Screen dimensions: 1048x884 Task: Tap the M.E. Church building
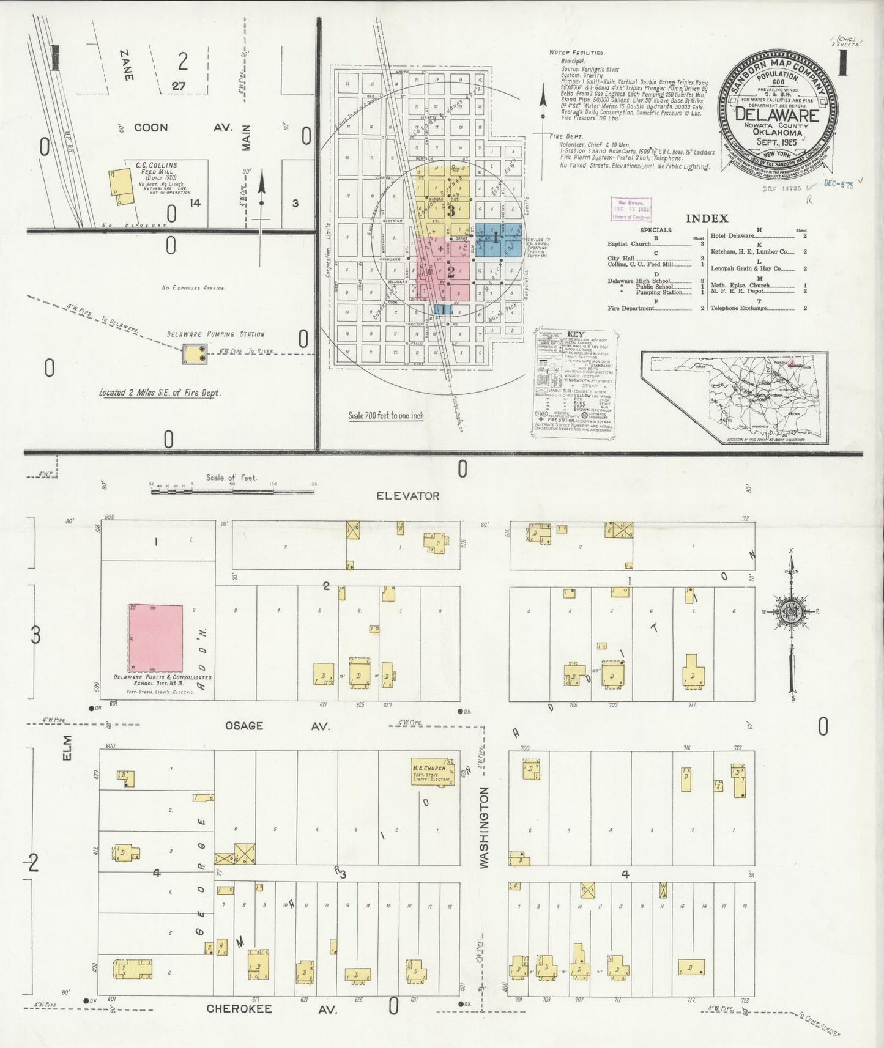coord(434,773)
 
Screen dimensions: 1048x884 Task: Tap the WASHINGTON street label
coord(485,827)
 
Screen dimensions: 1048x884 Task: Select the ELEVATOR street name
coord(407,496)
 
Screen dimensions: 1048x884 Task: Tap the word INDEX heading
coord(707,218)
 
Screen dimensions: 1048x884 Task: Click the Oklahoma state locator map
coord(734,397)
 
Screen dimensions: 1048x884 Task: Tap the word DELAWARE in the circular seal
coord(777,114)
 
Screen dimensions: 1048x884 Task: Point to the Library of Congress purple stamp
coord(631,208)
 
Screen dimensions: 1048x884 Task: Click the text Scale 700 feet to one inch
coord(387,416)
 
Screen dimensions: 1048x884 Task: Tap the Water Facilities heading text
coord(577,53)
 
